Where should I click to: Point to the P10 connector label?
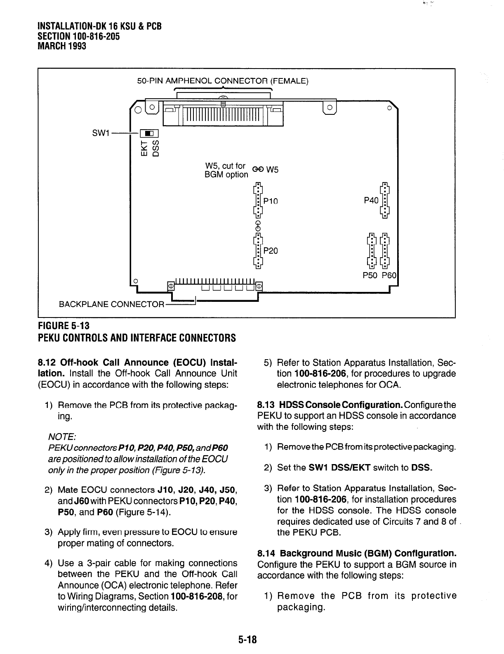[271, 201]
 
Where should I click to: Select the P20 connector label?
[271, 251]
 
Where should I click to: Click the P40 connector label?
[371, 200]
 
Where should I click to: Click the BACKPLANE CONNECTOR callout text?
[111, 305]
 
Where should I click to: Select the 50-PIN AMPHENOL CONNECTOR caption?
[222, 81]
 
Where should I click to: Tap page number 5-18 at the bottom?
[247, 640]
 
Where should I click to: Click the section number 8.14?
[266, 553]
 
